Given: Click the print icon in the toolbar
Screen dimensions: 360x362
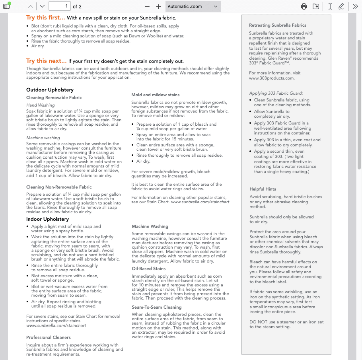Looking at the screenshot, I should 304,6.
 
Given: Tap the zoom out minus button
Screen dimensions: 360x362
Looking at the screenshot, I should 147,6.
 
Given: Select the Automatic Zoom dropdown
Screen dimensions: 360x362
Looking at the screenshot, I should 193,6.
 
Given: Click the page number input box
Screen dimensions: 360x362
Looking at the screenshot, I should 59,6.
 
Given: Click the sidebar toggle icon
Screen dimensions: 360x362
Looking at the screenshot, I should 6,6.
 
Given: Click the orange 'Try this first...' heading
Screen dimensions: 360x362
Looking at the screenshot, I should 45,18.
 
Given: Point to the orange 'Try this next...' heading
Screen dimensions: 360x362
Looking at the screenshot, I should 46,61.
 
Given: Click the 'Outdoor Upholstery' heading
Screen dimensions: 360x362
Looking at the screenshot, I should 50,90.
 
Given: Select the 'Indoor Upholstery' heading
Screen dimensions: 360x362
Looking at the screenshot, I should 47,219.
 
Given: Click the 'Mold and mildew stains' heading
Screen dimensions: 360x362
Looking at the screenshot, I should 155,95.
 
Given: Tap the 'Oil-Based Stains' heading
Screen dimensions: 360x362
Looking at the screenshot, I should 148,269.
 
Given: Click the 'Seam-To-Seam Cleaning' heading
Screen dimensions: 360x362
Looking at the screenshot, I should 156,307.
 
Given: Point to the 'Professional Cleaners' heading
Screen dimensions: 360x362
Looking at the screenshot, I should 48,337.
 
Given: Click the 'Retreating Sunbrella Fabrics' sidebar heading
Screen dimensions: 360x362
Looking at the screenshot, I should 277,25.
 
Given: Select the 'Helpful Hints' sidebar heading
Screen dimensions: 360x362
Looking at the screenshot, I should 263,189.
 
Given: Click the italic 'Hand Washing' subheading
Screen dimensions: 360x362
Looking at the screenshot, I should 40,105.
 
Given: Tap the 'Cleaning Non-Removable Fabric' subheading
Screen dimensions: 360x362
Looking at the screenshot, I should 59,187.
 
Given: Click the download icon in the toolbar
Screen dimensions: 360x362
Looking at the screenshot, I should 316,6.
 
